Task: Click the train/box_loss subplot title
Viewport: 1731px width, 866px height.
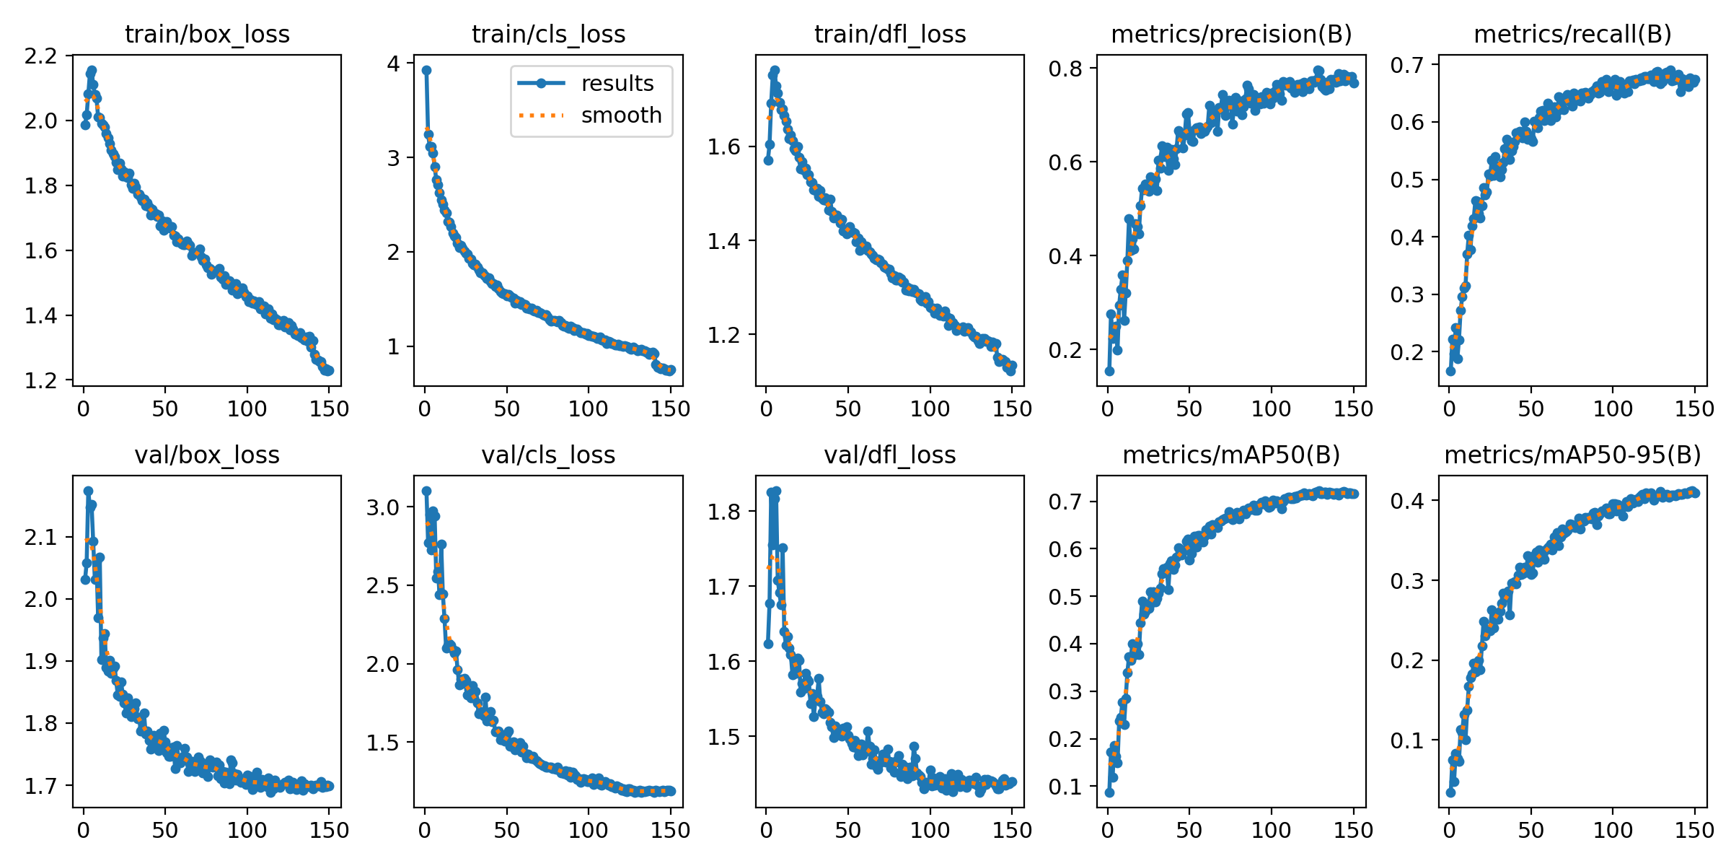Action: [207, 34]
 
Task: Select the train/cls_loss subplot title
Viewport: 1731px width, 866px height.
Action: [548, 34]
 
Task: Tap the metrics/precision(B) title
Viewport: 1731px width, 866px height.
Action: [1231, 34]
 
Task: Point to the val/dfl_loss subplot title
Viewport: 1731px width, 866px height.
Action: [889, 455]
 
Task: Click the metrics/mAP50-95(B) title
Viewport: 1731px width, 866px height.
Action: [1572, 455]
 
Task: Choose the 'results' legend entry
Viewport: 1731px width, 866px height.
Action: [617, 84]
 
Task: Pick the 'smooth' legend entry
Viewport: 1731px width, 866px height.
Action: [621, 115]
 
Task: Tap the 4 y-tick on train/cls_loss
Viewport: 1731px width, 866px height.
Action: [393, 64]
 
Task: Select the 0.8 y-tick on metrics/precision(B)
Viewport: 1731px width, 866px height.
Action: [1065, 69]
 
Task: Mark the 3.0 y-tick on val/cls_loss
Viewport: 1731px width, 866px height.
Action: [382, 507]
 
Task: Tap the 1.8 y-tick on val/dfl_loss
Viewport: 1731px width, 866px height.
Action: [723, 512]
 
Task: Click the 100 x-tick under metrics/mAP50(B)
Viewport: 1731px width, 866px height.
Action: [1271, 830]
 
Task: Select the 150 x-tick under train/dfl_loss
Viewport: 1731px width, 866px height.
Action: [1012, 409]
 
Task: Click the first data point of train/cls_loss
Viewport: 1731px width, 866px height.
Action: [426, 70]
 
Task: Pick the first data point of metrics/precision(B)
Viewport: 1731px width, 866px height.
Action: [1109, 371]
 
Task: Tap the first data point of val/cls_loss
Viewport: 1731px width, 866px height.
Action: [426, 491]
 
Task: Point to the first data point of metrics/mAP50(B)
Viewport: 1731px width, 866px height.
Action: [1109, 792]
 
